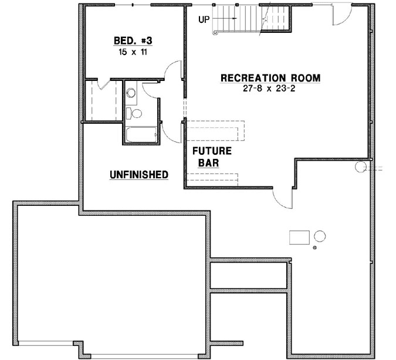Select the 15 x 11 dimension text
click(132, 52)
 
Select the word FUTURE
click(212, 151)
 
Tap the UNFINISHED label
click(140, 175)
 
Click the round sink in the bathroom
click(131, 92)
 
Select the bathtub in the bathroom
click(140, 135)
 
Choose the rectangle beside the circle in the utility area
click(300, 237)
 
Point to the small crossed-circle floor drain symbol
click(315, 248)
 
